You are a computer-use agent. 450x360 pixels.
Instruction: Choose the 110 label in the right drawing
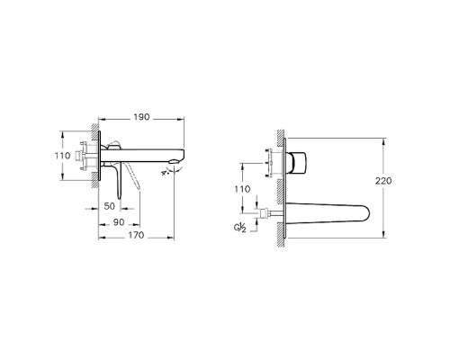[241, 190]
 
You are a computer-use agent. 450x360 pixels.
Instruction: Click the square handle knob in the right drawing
[297, 161]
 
